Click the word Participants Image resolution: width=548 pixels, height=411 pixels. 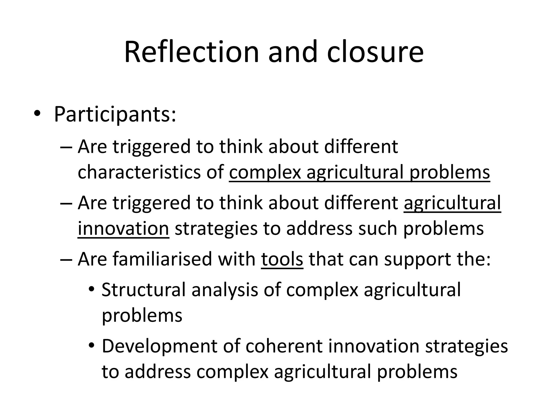pos(115,115)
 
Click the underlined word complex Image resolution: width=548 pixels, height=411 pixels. pos(265,172)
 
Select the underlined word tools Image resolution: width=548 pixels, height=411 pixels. pos(282,259)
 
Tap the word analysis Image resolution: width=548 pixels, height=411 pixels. pos(225,290)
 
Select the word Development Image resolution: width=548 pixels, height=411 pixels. pos(159,346)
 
